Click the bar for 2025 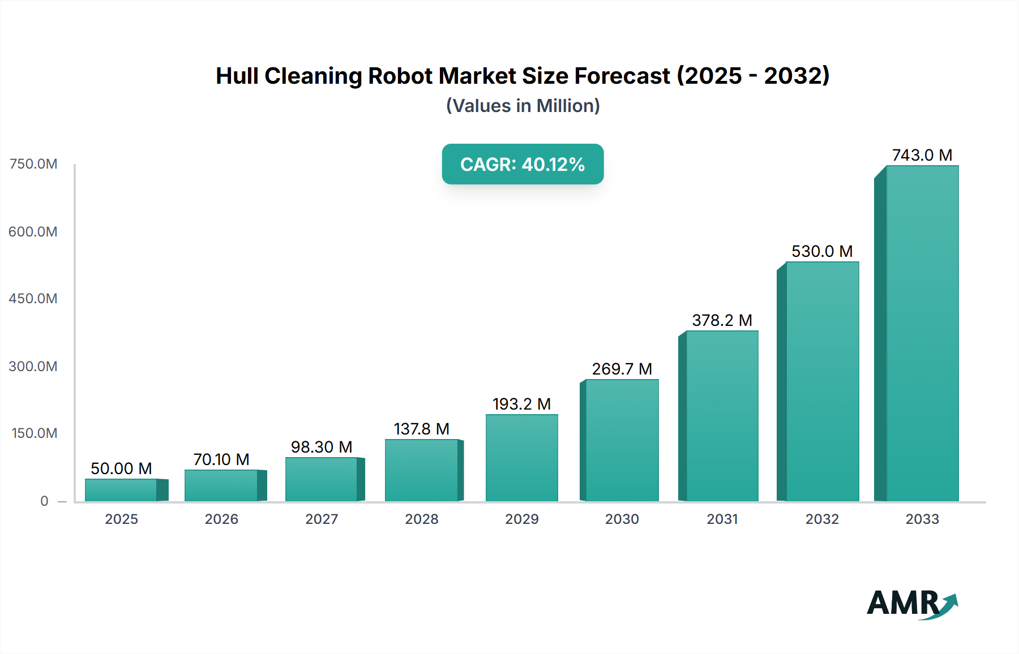(121, 490)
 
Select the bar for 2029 (521, 458)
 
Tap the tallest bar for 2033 (922, 333)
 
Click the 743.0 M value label (922, 155)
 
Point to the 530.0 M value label (821, 251)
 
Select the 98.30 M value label (322, 447)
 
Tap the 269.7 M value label (622, 369)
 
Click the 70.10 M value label (221, 459)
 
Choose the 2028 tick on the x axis (422, 519)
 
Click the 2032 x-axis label (822, 519)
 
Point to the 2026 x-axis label (221, 519)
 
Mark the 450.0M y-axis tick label (33, 299)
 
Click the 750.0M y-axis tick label (33, 164)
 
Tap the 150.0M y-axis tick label (34, 433)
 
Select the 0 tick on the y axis (44, 501)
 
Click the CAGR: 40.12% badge (523, 164)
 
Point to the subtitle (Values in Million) (523, 106)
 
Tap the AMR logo (911, 603)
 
